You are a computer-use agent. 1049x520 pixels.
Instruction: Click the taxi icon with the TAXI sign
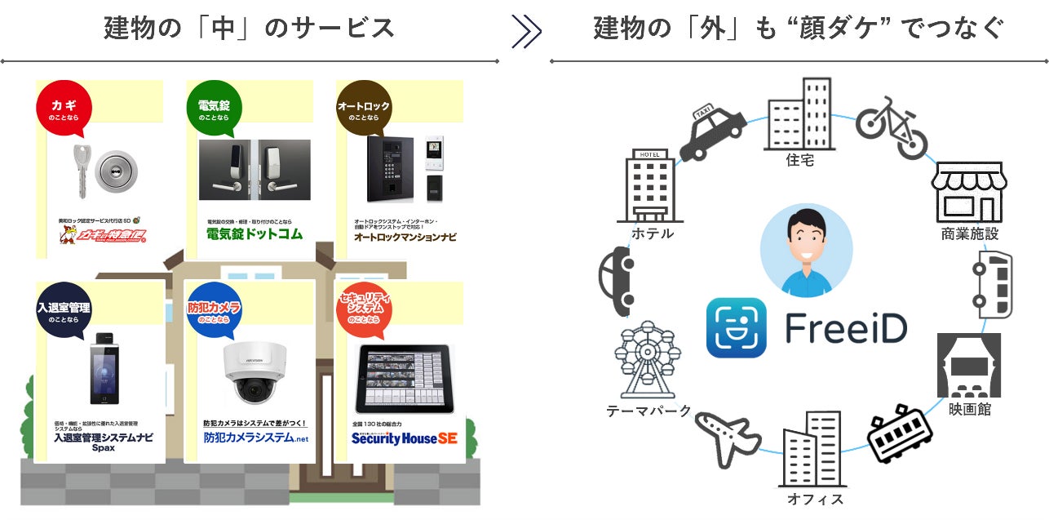click(712, 131)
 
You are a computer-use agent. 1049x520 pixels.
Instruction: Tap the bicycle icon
click(892, 127)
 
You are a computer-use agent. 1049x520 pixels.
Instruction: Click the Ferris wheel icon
click(647, 360)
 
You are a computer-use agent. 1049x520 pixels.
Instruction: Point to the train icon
click(899, 432)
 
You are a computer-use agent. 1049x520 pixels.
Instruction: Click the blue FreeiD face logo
click(737, 327)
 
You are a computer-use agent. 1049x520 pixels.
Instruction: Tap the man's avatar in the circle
click(806, 250)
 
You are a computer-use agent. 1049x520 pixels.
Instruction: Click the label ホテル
click(653, 233)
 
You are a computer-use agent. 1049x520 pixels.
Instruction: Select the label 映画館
click(970, 409)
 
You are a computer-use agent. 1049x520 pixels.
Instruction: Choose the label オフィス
click(816, 499)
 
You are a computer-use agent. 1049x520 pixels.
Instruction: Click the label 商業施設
click(970, 234)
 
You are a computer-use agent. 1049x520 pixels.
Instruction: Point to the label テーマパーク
click(649, 411)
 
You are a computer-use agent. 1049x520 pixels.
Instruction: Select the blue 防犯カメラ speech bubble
click(213, 311)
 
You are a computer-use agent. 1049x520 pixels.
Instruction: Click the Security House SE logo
click(404, 438)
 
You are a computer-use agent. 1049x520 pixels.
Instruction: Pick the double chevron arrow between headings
click(526, 31)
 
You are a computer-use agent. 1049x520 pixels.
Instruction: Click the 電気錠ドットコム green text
click(254, 234)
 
